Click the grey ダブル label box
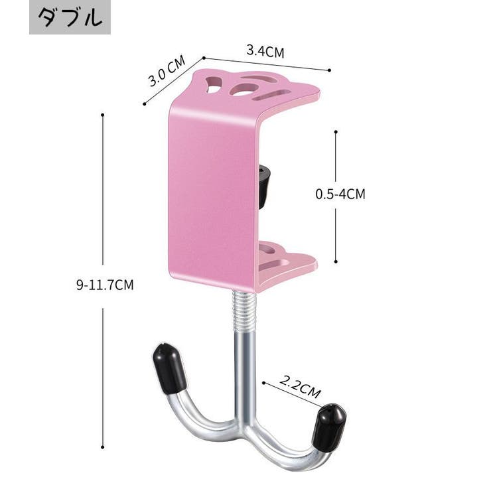(70, 17)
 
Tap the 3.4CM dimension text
(265, 51)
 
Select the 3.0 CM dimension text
(167, 71)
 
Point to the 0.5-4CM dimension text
(340, 194)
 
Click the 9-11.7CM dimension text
(105, 285)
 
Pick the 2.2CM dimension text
(300, 387)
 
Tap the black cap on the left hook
(169, 368)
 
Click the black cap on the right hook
(329, 428)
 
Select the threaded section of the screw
(245, 310)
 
